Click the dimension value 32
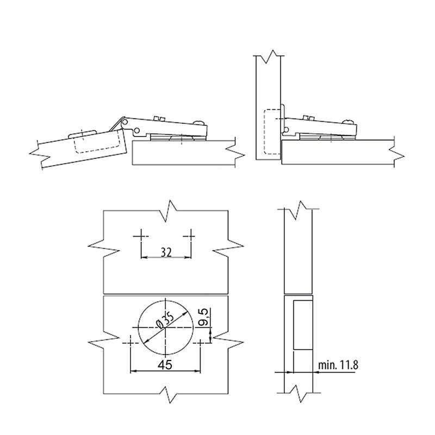tap(166, 252)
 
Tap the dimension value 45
tap(165, 365)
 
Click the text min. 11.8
tap(338, 365)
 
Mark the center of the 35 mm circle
tap(165, 327)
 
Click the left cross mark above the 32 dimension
tap(141, 237)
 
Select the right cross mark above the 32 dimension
tap(191, 237)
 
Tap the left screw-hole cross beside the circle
tap(130, 343)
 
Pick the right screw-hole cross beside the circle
tap(200, 343)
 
